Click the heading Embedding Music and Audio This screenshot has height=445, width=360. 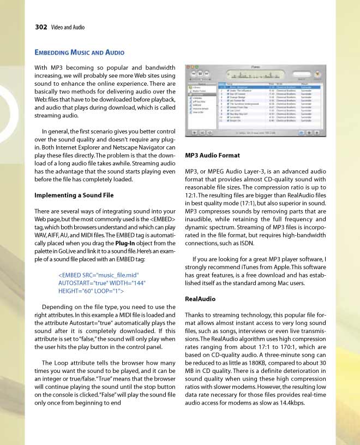pos(80,52)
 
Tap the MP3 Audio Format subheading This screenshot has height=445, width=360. pos(213,156)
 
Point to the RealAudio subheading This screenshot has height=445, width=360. pos(200,299)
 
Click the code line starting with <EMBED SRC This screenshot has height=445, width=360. pos(99,275)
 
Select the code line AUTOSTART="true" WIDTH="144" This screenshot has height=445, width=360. pos(102,283)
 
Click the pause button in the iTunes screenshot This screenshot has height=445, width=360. pos(200,73)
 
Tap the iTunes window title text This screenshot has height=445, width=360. pos(256,66)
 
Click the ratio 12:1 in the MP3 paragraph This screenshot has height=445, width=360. pos(193,195)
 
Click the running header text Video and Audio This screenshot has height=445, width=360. pos(68,27)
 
